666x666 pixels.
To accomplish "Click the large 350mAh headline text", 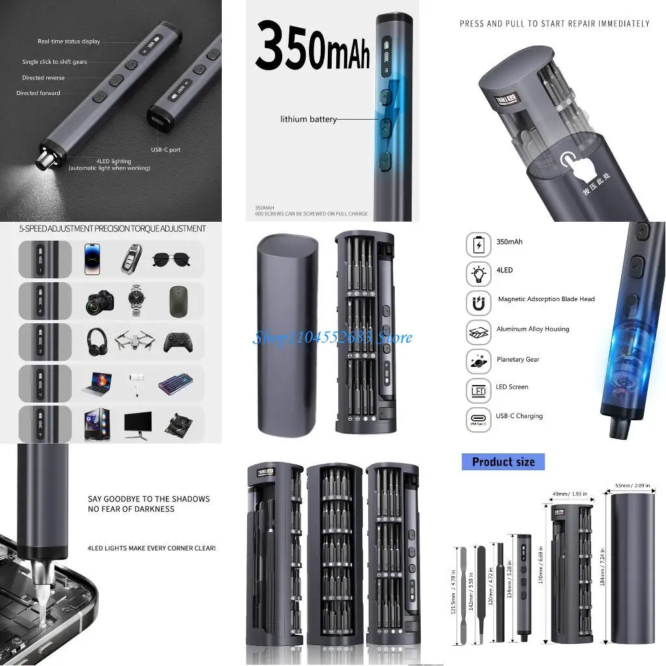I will pyautogui.click(x=312, y=47).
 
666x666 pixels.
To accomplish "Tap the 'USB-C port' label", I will pyautogui.click(x=166, y=150).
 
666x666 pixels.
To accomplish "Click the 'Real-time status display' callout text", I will pyautogui.click(x=69, y=42).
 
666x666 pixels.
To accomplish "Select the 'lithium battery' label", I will pyautogui.click(x=309, y=119).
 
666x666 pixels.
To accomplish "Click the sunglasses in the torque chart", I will pyautogui.click(x=172, y=260).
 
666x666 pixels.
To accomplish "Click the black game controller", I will pyautogui.click(x=177, y=342).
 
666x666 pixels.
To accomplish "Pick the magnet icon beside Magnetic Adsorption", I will pyautogui.click(x=478, y=302).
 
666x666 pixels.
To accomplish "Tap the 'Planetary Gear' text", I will pyautogui.click(x=518, y=360).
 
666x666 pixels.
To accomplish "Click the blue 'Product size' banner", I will pyautogui.click(x=503, y=462).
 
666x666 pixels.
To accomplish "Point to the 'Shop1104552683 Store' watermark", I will pyautogui.click(x=332, y=338).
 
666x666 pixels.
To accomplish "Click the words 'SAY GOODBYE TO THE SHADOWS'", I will pyautogui.click(x=149, y=499).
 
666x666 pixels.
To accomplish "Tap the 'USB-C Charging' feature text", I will pyautogui.click(x=519, y=416).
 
